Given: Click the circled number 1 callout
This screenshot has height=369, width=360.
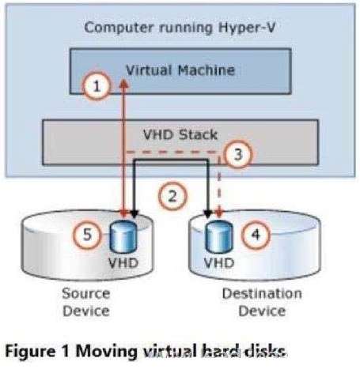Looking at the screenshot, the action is click(x=97, y=86).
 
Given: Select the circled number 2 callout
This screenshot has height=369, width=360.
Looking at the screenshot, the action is click(x=172, y=196).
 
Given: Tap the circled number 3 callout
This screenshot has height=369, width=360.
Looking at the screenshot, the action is click(x=238, y=154).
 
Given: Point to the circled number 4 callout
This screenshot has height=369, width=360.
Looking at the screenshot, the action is click(x=256, y=234).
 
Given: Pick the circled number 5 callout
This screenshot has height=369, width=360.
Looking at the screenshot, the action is click(x=87, y=234).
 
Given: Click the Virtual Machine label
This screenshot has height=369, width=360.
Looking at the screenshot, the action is click(x=180, y=70).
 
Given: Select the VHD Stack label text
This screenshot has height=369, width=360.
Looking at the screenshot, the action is click(x=180, y=134).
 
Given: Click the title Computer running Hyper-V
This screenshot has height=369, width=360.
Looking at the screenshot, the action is click(x=180, y=28).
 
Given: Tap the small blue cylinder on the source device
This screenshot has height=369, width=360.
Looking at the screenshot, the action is click(x=123, y=236).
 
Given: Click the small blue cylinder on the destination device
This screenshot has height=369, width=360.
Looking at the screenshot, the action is click(x=219, y=236).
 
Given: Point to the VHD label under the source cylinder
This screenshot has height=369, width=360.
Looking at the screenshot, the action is click(x=123, y=263).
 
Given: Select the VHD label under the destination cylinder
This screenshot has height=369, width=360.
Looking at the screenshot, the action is click(x=219, y=263).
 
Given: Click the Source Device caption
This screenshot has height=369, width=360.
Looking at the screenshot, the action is click(x=86, y=302).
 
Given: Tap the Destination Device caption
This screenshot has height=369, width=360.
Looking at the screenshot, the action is click(x=262, y=302).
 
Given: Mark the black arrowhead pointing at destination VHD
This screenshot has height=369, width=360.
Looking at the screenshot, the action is click(x=208, y=214).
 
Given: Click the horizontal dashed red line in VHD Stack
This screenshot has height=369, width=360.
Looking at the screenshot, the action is click(x=172, y=152).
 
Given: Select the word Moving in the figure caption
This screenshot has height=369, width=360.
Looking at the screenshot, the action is click(x=107, y=352).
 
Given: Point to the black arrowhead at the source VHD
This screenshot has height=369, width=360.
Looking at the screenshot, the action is click(x=135, y=214).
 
